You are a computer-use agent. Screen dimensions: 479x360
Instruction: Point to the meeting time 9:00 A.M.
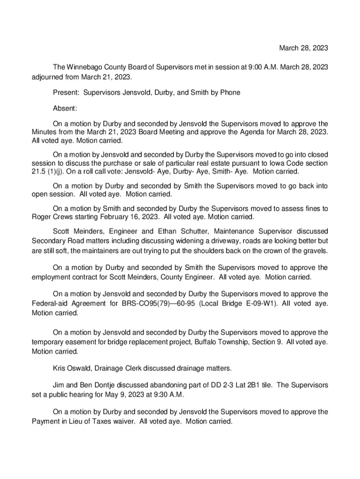click(x=251, y=67)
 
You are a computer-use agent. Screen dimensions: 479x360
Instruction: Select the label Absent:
click(x=65, y=109)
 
